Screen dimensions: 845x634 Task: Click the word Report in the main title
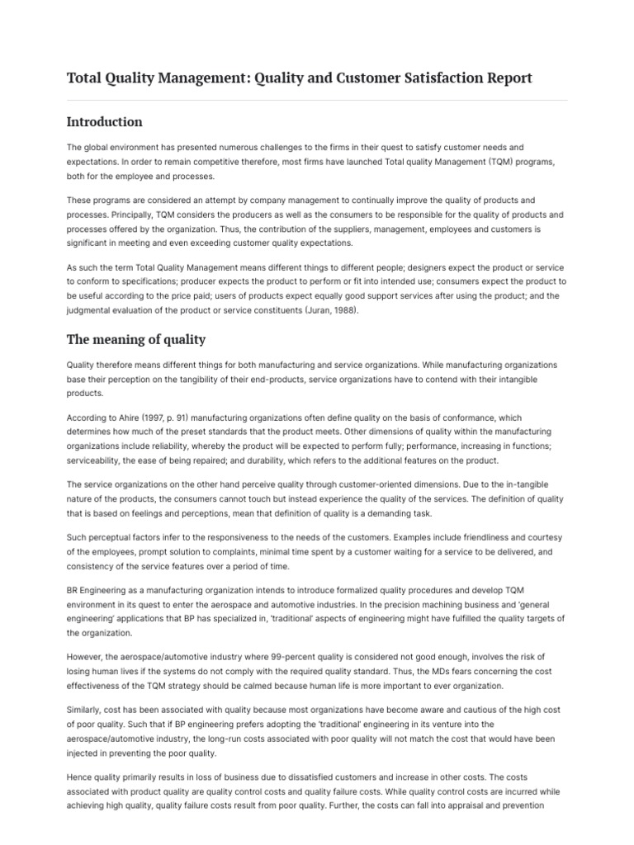click(x=504, y=78)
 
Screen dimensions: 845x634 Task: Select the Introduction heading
click(x=104, y=122)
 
